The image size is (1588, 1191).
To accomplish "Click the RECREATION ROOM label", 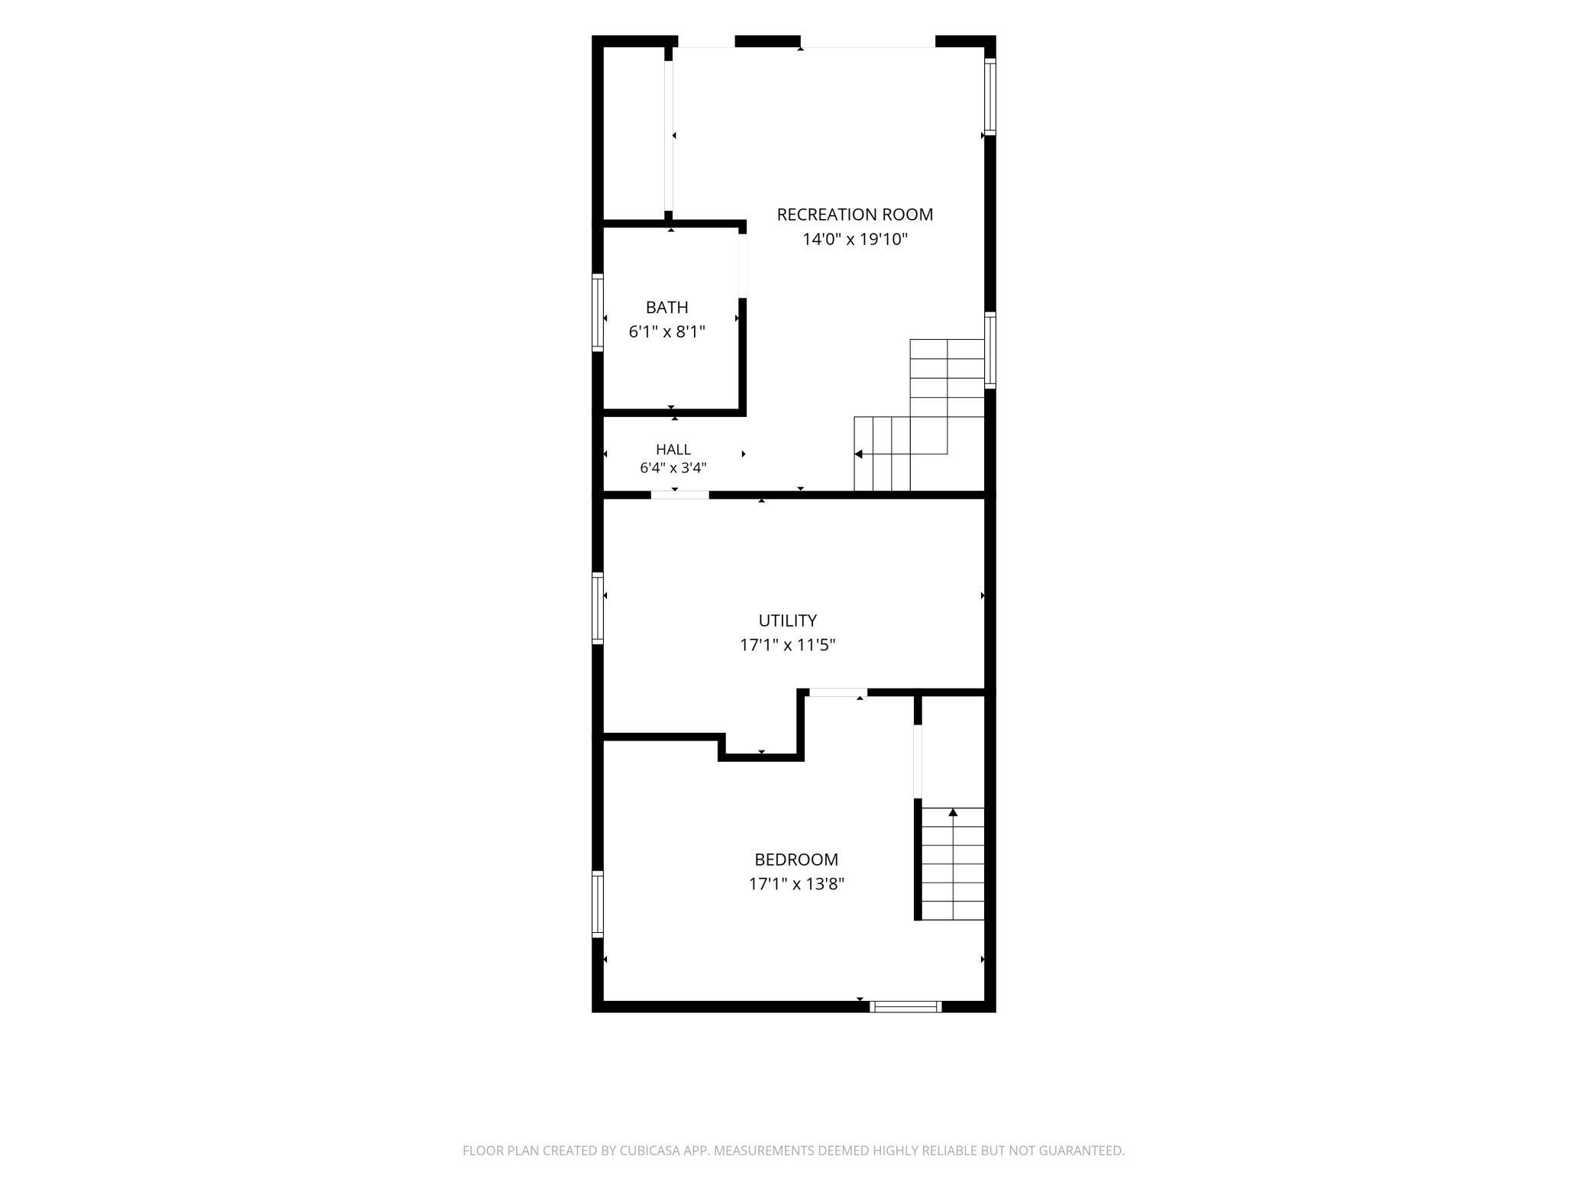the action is coord(854,215).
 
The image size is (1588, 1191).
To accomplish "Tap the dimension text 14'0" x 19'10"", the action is coord(854,239).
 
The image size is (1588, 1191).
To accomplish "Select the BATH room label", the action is coord(667,308).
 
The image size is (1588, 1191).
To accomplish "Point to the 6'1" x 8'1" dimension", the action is coord(667,332).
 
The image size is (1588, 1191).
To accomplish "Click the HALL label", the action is coord(673,450).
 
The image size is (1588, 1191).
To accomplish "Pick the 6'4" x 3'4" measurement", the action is coord(673,468).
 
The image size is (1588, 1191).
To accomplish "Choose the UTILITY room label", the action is coord(787,621).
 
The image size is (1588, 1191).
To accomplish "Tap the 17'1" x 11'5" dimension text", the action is coord(787,645).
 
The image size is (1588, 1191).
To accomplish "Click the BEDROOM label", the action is coord(796,860).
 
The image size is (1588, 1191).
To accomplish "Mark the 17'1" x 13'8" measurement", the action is coord(796,884).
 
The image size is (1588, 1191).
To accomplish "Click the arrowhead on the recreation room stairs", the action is coord(858,454).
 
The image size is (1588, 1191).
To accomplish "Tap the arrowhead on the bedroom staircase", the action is coord(953,812).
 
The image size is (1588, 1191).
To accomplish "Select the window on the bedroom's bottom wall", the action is coord(905,1006).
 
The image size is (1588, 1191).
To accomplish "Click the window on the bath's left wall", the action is coord(598,312).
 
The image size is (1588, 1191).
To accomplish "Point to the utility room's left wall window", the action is coord(598,608).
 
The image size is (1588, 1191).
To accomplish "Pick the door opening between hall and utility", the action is coord(679,495).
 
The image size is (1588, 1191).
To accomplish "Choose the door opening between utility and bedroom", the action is coord(838,692).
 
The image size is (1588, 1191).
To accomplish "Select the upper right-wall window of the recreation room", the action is coord(990,96).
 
